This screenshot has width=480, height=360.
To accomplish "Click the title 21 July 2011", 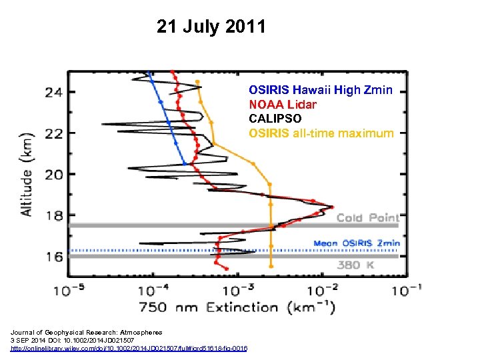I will [x=211, y=27].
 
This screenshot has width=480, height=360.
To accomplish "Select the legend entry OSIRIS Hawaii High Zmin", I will [x=320, y=89].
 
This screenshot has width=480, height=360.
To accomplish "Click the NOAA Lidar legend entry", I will [x=283, y=104].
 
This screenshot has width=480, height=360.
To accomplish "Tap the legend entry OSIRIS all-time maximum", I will [x=321, y=133].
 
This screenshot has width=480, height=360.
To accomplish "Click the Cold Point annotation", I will [x=367, y=218].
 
